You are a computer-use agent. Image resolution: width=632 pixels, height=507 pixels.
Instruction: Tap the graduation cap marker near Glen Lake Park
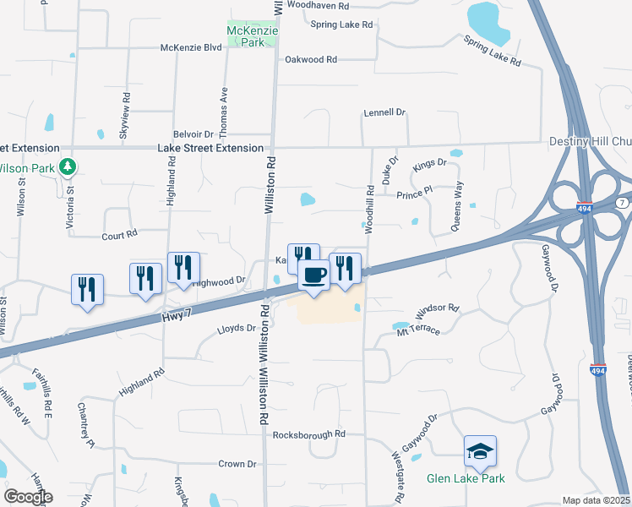tap(480, 452)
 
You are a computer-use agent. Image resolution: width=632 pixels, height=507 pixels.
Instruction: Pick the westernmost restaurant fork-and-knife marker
tap(87, 290)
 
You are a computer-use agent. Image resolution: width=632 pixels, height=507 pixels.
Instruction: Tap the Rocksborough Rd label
tap(309, 434)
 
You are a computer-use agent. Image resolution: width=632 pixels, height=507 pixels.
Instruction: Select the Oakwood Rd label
tap(311, 60)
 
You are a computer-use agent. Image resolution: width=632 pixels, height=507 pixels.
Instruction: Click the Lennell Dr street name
tap(384, 112)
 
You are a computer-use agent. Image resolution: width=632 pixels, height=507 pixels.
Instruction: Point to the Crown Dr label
tap(237, 464)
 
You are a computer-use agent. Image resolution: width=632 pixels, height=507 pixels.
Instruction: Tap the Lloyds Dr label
tap(236, 328)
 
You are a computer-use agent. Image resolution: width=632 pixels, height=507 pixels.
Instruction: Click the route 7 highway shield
tap(622, 205)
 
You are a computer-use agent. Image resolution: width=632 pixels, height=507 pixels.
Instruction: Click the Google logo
tap(28, 496)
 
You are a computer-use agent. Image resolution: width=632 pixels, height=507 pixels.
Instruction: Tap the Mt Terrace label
tap(418, 330)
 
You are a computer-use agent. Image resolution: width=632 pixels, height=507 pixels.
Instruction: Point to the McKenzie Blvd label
tap(191, 48)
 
